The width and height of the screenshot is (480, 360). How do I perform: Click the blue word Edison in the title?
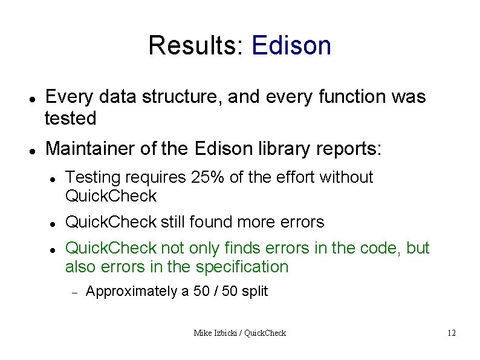[x=291, y=46]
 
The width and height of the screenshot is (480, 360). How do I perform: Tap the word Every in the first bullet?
[x=68, y=97]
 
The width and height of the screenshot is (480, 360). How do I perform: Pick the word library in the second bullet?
[x=285, y=148]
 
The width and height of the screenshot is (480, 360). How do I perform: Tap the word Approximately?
[x=132, y=292]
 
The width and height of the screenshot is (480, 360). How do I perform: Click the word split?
[x=254, y=292]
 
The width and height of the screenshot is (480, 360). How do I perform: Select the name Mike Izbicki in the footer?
[x=217, y=333]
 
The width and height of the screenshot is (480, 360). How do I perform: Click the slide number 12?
[x=451, y=333]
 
